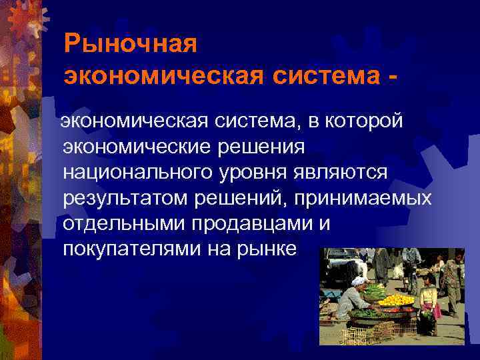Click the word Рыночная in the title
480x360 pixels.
point(131,45)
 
